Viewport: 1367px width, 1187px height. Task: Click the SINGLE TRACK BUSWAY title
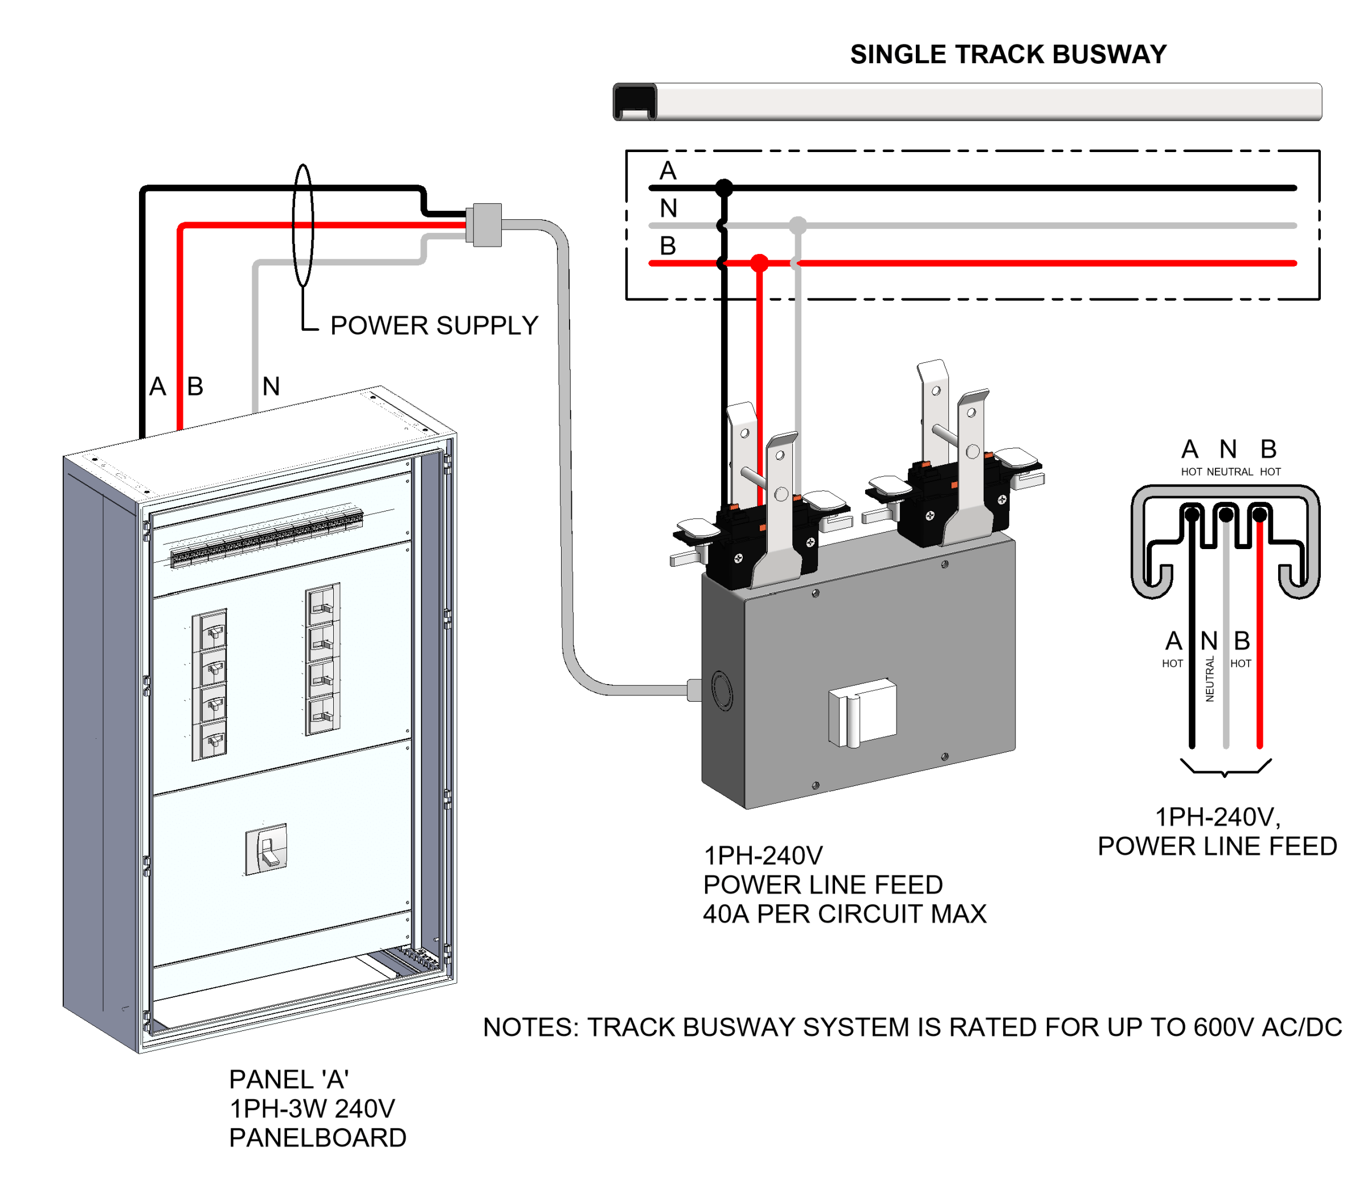click(1008, 54)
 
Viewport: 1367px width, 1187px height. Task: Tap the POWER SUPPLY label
click(434, 325)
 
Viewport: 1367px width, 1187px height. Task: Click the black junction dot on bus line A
click(725, 187)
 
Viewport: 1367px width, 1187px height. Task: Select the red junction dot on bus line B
click(760, 263)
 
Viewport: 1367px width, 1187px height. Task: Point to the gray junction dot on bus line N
click(798, 225)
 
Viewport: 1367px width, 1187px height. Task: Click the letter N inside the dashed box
click(668, 208)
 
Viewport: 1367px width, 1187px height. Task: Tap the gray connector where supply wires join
click(484, 224)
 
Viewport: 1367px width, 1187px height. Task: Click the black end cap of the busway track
click(635, 101)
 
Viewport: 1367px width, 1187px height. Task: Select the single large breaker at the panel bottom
click(266, 849)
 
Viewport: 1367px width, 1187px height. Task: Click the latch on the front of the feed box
click(862, 713)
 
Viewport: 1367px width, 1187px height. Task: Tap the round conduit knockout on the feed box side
click(722, 691)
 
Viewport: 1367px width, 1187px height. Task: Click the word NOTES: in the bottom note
click(531, 1028)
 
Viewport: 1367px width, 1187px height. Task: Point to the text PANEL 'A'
click(289, 1080)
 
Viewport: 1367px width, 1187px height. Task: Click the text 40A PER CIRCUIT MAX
click(845, 914)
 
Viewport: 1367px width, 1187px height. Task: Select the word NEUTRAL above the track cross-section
click(1230, 472)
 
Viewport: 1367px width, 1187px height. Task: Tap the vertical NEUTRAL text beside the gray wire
click(1210, 679)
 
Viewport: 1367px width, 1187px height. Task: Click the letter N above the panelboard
click(271, 386)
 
